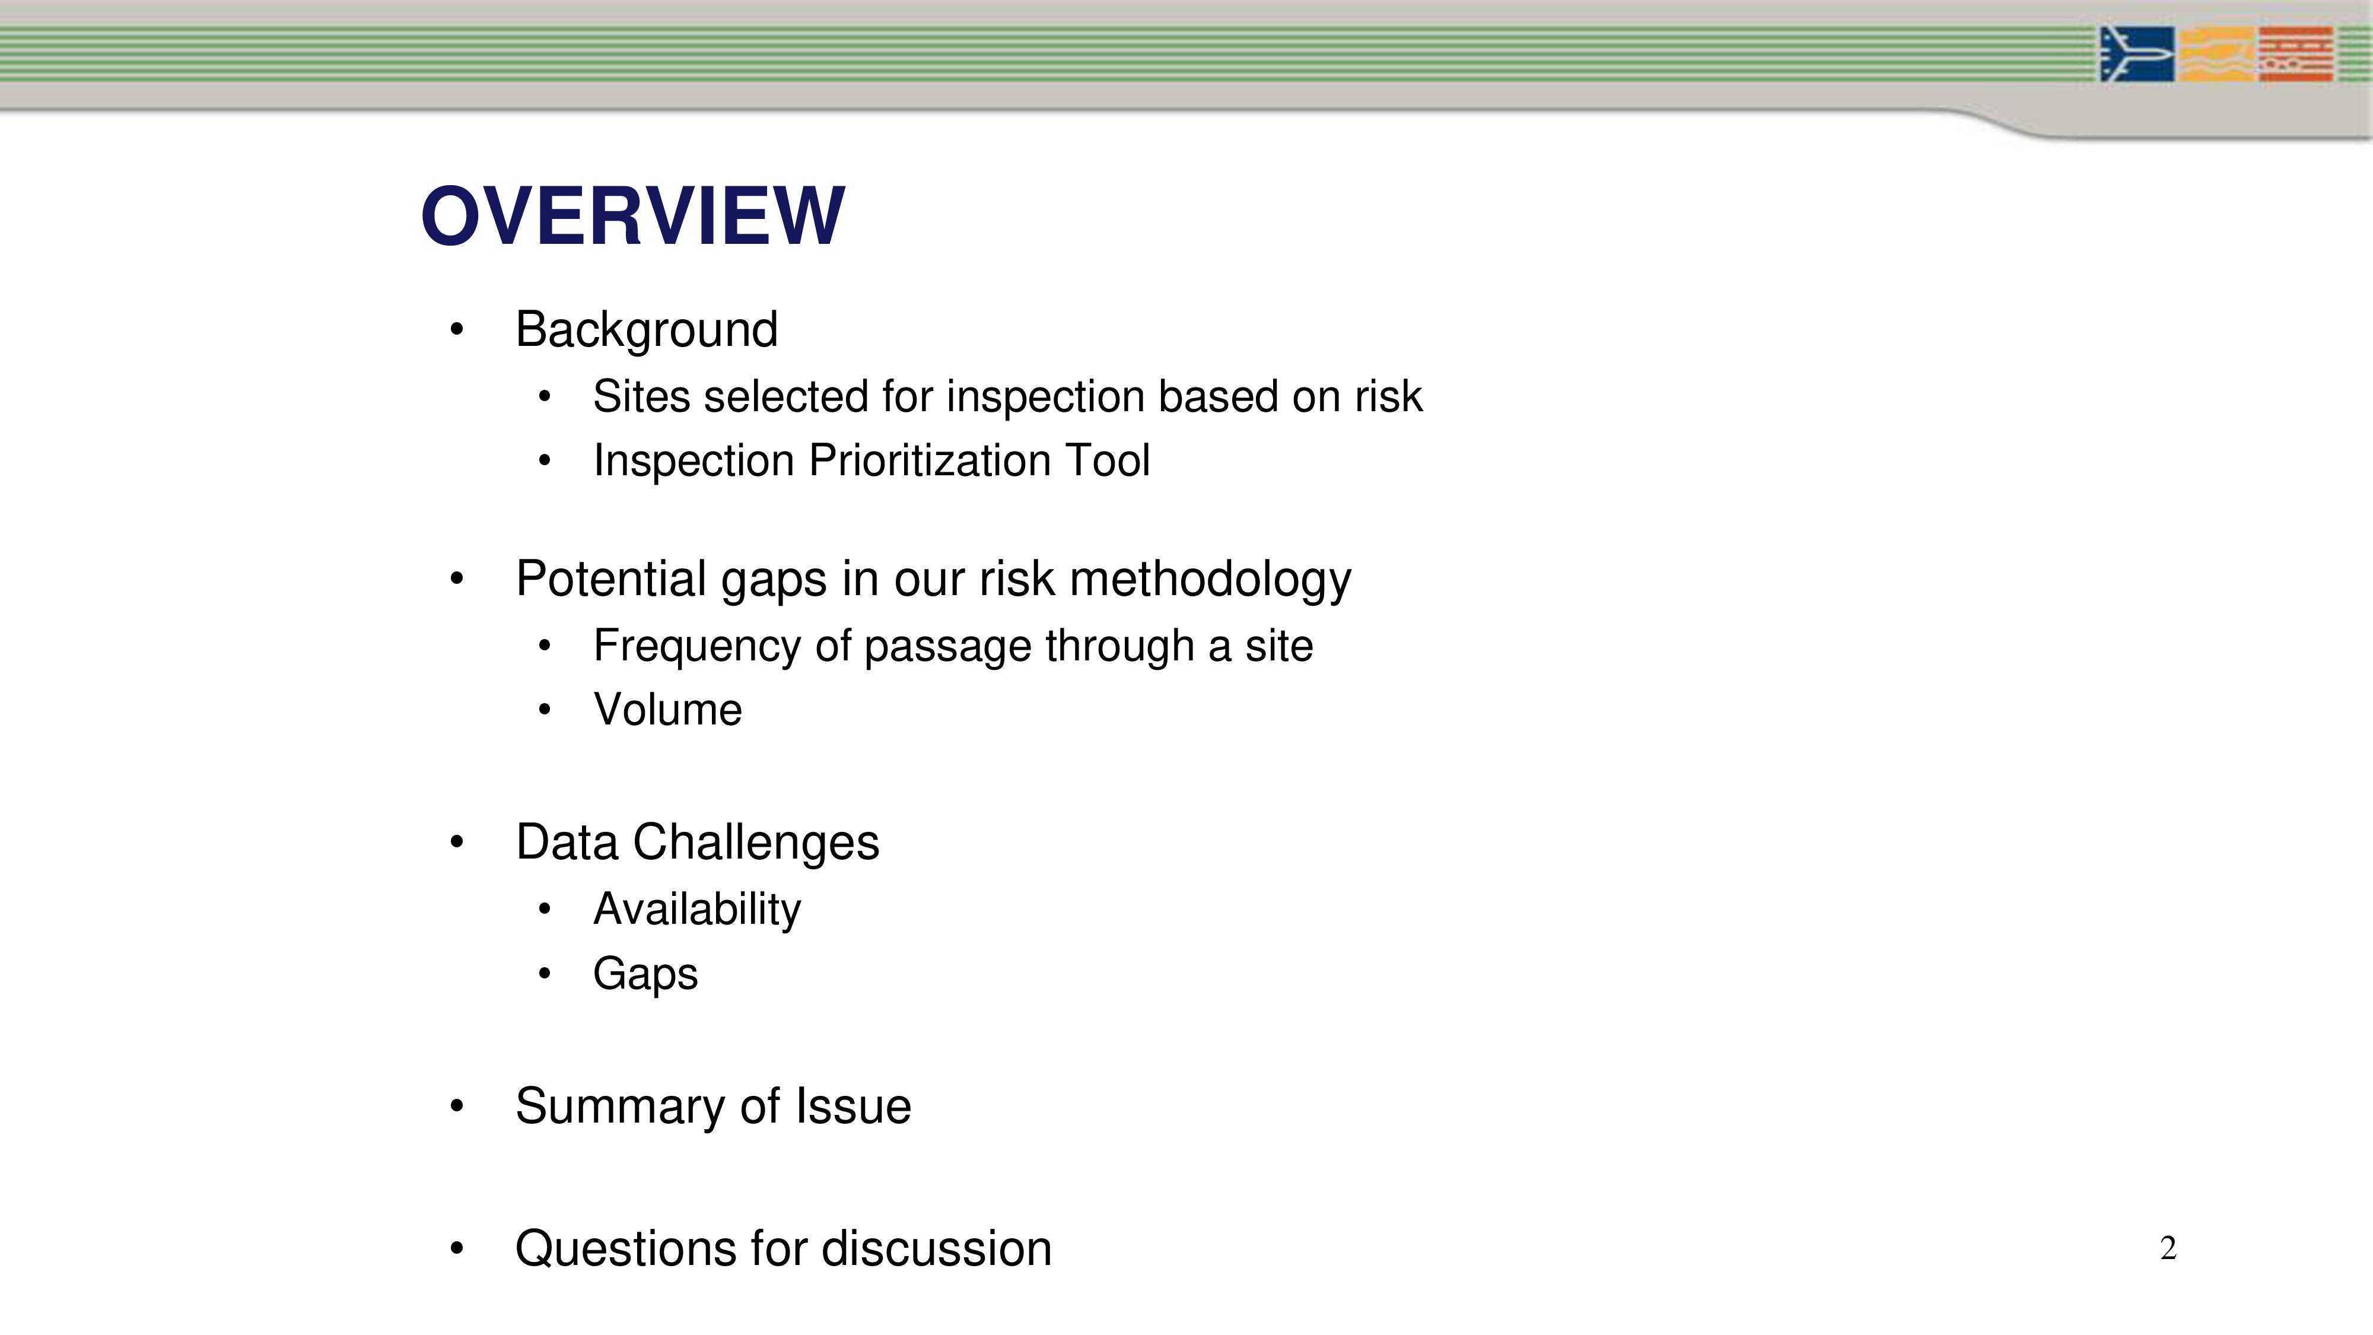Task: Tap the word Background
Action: (x=647, y=330)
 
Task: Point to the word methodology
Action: (x=1210, y=580)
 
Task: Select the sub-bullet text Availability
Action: (x=697, y=910)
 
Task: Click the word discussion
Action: (x=936, y=1250)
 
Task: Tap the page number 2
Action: (x=2168, y=1248)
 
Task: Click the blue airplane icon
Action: (x=2137, y=55)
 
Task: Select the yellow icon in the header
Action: (x=2216, y=55)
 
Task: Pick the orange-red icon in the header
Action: (x=2296, y=55)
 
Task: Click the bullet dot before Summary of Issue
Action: (x=457, y=1105)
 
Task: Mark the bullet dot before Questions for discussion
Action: (x=457, y=1250)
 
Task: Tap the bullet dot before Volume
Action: (x=545, y=710)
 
